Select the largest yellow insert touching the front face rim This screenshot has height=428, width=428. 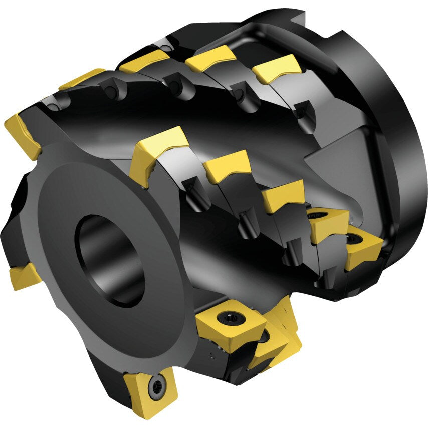coord(156,150)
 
